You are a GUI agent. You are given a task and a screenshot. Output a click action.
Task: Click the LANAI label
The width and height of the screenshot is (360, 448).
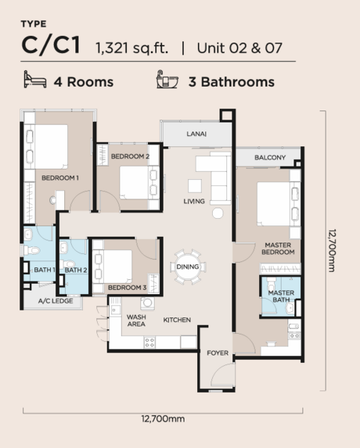point(196,134)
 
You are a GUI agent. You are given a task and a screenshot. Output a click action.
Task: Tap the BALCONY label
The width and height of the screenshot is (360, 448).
point(270,158)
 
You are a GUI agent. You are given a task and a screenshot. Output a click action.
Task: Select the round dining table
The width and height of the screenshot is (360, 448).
point(187,267)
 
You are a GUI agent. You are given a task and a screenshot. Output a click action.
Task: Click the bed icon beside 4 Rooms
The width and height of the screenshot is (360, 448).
point(35,79)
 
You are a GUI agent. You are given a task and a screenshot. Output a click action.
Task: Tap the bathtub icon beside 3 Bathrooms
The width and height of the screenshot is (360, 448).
point(167,79)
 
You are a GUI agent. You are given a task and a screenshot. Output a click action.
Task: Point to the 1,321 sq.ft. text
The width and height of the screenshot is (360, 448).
point(131,48)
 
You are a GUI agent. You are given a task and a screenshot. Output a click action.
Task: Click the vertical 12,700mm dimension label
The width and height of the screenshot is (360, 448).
point(332,250)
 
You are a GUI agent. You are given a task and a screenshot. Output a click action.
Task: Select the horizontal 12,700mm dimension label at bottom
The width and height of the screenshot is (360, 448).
point(163,419)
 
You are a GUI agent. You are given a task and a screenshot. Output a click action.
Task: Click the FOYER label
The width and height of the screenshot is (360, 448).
point(217,353)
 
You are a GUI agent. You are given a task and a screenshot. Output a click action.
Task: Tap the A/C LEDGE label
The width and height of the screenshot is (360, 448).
point(55,301)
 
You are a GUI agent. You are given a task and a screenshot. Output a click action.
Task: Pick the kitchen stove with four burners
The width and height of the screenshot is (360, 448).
point(149,342)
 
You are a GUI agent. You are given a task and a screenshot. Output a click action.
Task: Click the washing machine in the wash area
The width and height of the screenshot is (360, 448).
point(147,303)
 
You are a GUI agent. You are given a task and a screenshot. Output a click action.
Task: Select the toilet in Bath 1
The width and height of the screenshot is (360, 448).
point(31,251)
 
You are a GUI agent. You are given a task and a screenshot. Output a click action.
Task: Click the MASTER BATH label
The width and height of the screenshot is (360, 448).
point(281,296)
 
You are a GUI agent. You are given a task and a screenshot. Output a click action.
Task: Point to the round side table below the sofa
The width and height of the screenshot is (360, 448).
point(217,213)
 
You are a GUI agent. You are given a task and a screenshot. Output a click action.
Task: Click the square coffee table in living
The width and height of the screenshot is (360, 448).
point(195,186)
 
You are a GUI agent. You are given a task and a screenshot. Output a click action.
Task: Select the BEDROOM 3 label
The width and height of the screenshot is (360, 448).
point(127,287)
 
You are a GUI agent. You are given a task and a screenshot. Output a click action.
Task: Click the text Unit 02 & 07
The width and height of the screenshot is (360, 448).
point(240,48)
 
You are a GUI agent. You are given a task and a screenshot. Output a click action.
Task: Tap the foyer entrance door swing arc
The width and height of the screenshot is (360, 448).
point(220,371)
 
